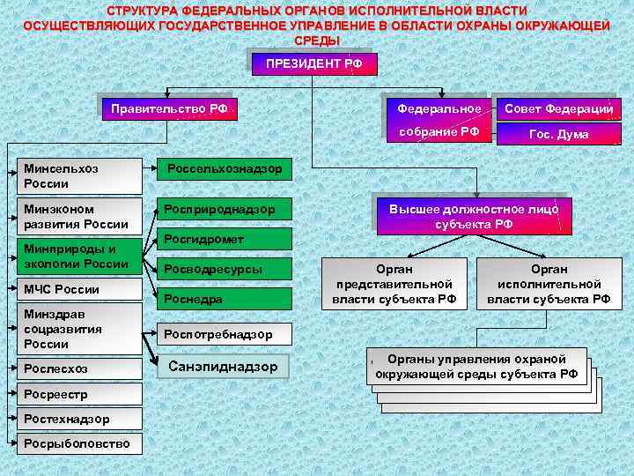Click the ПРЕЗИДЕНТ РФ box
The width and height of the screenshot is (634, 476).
coord(314,64)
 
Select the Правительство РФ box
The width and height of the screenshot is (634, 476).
coord(169,109)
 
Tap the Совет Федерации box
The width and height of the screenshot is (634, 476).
coord(558,108)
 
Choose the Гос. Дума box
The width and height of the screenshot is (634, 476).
coord(558,134)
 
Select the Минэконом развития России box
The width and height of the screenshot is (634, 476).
coord(80,217)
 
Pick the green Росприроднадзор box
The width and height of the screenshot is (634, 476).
coord(224,210)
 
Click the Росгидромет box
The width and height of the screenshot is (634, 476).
coord(224,239)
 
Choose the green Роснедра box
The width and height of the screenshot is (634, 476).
coord(224,299)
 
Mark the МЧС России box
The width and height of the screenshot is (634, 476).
coord(80,290)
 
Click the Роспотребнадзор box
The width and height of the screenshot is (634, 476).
coord(224,334)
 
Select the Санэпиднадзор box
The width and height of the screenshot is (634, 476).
coord(224,366)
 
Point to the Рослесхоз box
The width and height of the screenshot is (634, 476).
coord(80,368)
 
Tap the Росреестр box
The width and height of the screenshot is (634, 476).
coord(68,393)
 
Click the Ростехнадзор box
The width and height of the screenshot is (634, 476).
coord(68,418)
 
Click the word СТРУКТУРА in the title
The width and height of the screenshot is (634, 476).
coord(142,10)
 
